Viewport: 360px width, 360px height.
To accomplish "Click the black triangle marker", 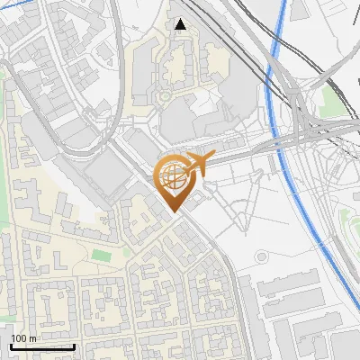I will tap(181, 24).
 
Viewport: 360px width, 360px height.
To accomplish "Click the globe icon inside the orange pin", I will tap(173, 176).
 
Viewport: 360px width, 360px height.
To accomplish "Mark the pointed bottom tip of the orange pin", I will tap(174, 212).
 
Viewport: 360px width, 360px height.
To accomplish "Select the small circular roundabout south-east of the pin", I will tap(261, 256).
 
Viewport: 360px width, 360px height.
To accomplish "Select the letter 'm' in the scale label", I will tap(33, 338).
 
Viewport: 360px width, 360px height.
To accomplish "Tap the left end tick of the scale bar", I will tap(12, 345).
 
